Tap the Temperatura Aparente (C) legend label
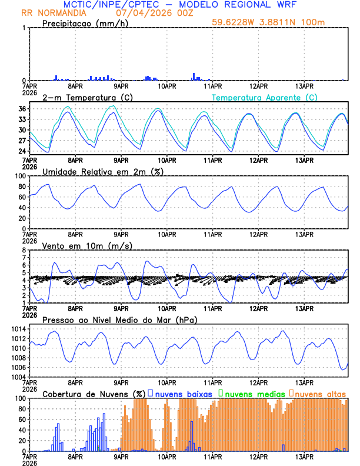coord(264,97)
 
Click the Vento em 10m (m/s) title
coord(87,245)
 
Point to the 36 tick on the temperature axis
coord(21,109)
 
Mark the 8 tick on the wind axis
coord(24,250)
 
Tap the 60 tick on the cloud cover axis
coord(21,419)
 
